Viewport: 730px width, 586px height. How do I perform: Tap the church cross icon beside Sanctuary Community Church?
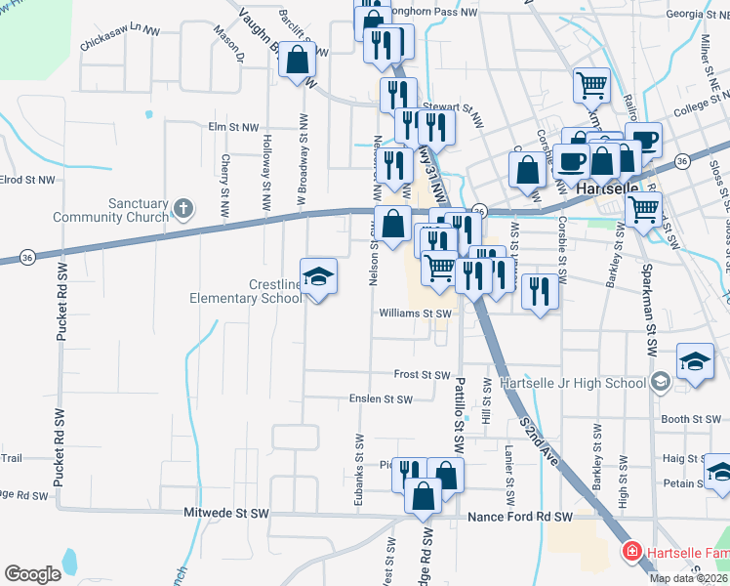[183, 207]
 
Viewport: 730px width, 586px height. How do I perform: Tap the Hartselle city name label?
[607, 187]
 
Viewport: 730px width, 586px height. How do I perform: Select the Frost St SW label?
[422, 375]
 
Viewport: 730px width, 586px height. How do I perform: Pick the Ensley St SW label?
[381, 398]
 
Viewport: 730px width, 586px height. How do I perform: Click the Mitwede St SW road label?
[226, 513]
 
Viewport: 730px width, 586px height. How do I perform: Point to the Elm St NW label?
[227, 127]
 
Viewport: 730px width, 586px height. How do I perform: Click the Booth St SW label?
[690, 419]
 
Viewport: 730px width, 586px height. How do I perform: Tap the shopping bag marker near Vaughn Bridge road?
[298, 62]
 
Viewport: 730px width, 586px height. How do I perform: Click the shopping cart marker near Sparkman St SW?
[642, 208]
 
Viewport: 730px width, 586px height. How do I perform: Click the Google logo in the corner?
[32, 574]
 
